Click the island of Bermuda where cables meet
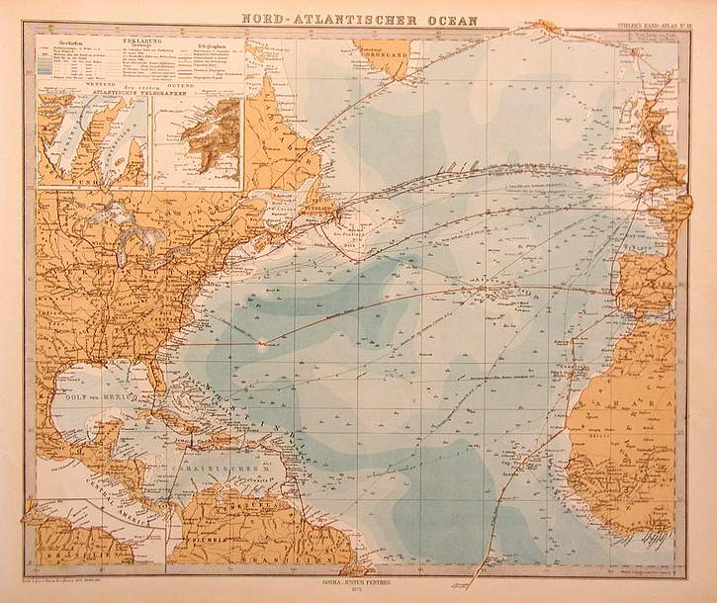pos(262,344)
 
